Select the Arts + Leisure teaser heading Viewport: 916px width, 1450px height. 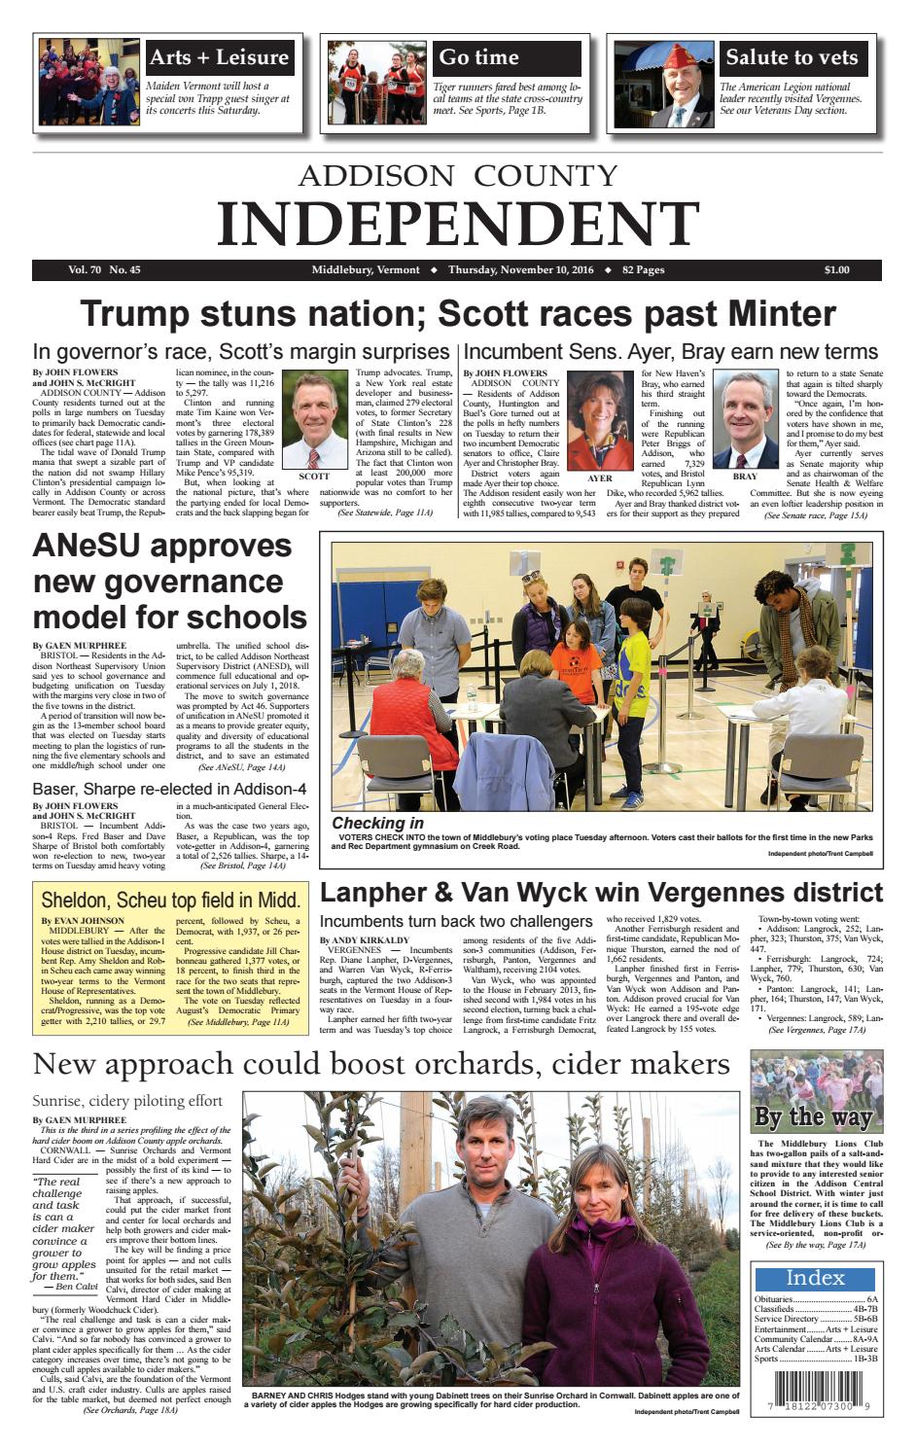pyautogui.click(x=219, y=57)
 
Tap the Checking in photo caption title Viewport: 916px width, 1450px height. pyautogui.click(x=377, y=823)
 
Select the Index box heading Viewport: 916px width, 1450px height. pyautogui.click(x=815, y=1278)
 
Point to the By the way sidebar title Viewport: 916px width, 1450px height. pyautogui.click(x=813, y=1116)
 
